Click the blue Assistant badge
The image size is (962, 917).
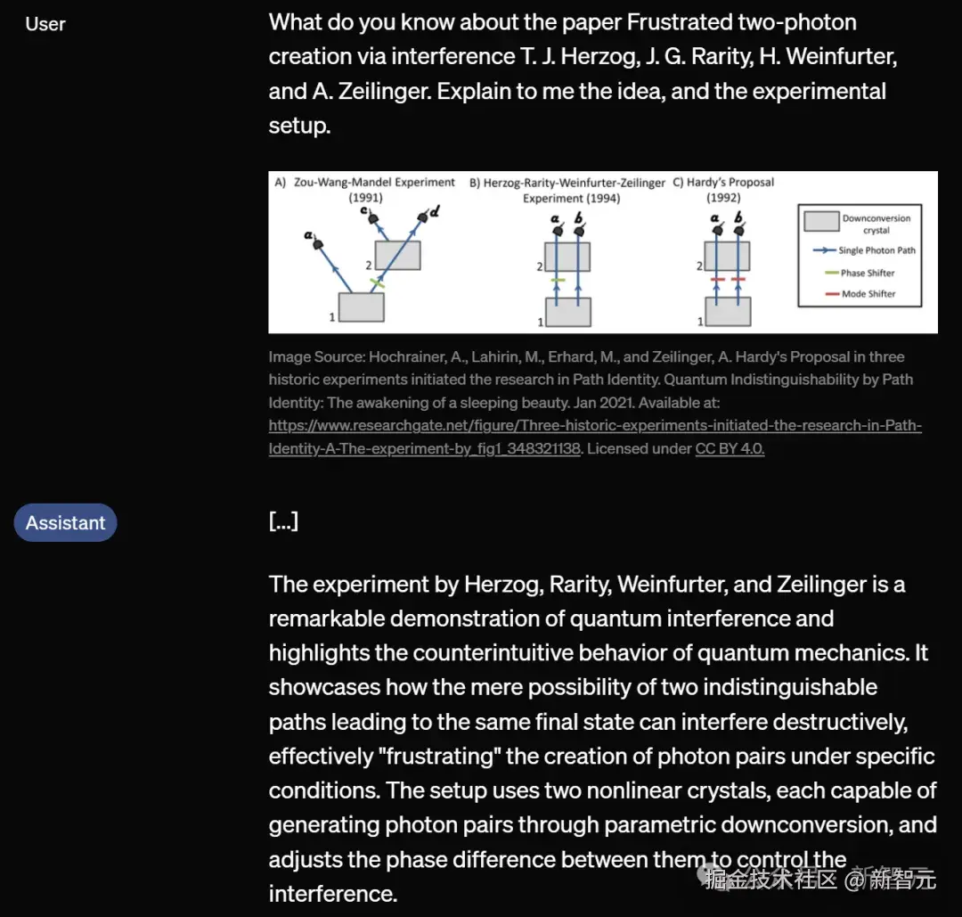(x=65, y=523)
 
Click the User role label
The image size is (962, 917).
(x=45, y=24)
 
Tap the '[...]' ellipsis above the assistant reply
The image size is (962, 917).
(x=283, y=521)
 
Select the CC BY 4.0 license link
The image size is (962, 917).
(x=730, y=449)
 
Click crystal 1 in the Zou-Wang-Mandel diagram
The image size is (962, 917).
(x=362, y=307)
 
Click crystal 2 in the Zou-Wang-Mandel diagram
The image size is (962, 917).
(x=397, y=256)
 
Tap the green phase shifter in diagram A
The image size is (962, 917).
(x=377, y=282)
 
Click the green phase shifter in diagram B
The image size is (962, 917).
(x=558, y=280)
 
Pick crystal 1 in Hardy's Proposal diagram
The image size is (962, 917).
(x=728, y=312)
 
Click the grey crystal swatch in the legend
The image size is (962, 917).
(x=820, y=223)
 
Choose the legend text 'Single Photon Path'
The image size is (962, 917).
(x=876, y=250)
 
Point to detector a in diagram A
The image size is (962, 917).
(x=315, y=240)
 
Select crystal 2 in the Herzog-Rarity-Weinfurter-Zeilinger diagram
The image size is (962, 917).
(x=567, y=257)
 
